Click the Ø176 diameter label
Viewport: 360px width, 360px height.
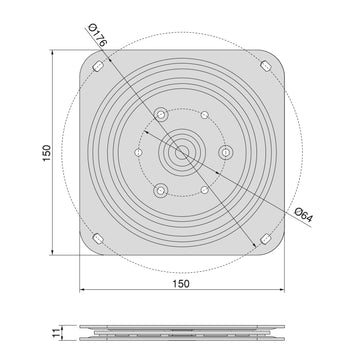(97, 35)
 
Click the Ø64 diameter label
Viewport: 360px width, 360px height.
(304, 215)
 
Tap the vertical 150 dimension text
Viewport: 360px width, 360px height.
(47, 153)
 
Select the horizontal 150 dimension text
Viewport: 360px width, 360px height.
(181, 284)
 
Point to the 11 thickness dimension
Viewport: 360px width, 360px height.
(56, 332)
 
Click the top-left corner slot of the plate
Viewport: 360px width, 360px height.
(98, 66)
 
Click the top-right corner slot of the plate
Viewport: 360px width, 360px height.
(266, 66)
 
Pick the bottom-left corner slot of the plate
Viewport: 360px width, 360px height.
(98, 239)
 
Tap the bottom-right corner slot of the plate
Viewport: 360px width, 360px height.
(266, 239)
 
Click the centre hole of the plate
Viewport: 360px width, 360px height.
(182, 153)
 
